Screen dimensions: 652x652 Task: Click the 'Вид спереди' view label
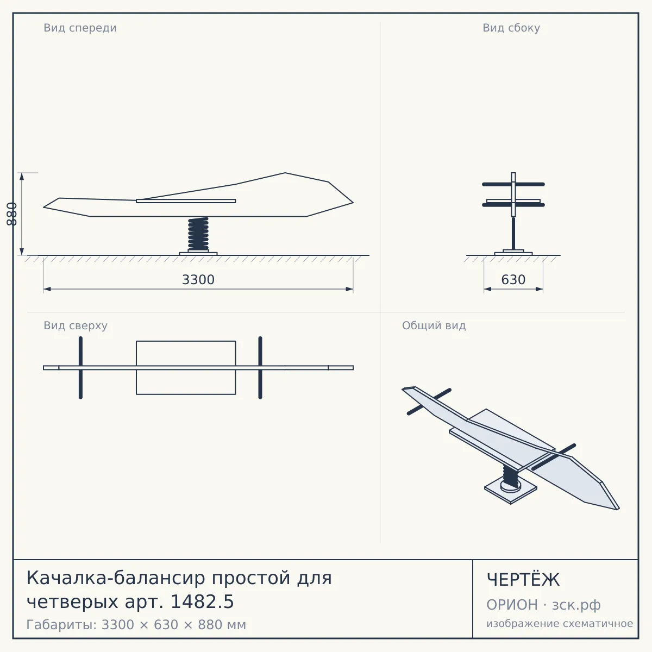(80, 28)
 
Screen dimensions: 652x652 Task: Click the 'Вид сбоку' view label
(511, 28)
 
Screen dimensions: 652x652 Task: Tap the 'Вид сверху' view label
(76, 325)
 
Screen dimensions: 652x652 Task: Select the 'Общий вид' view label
(434, 325)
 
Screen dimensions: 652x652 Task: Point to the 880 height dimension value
(11, 214)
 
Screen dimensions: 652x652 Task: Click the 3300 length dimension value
(198, 280)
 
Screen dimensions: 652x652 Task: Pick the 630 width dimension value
(513, 280)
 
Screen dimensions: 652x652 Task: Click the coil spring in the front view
(198, 234)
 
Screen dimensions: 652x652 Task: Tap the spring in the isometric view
(511, 477)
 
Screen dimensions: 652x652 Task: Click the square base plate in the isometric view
(511, 491)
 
